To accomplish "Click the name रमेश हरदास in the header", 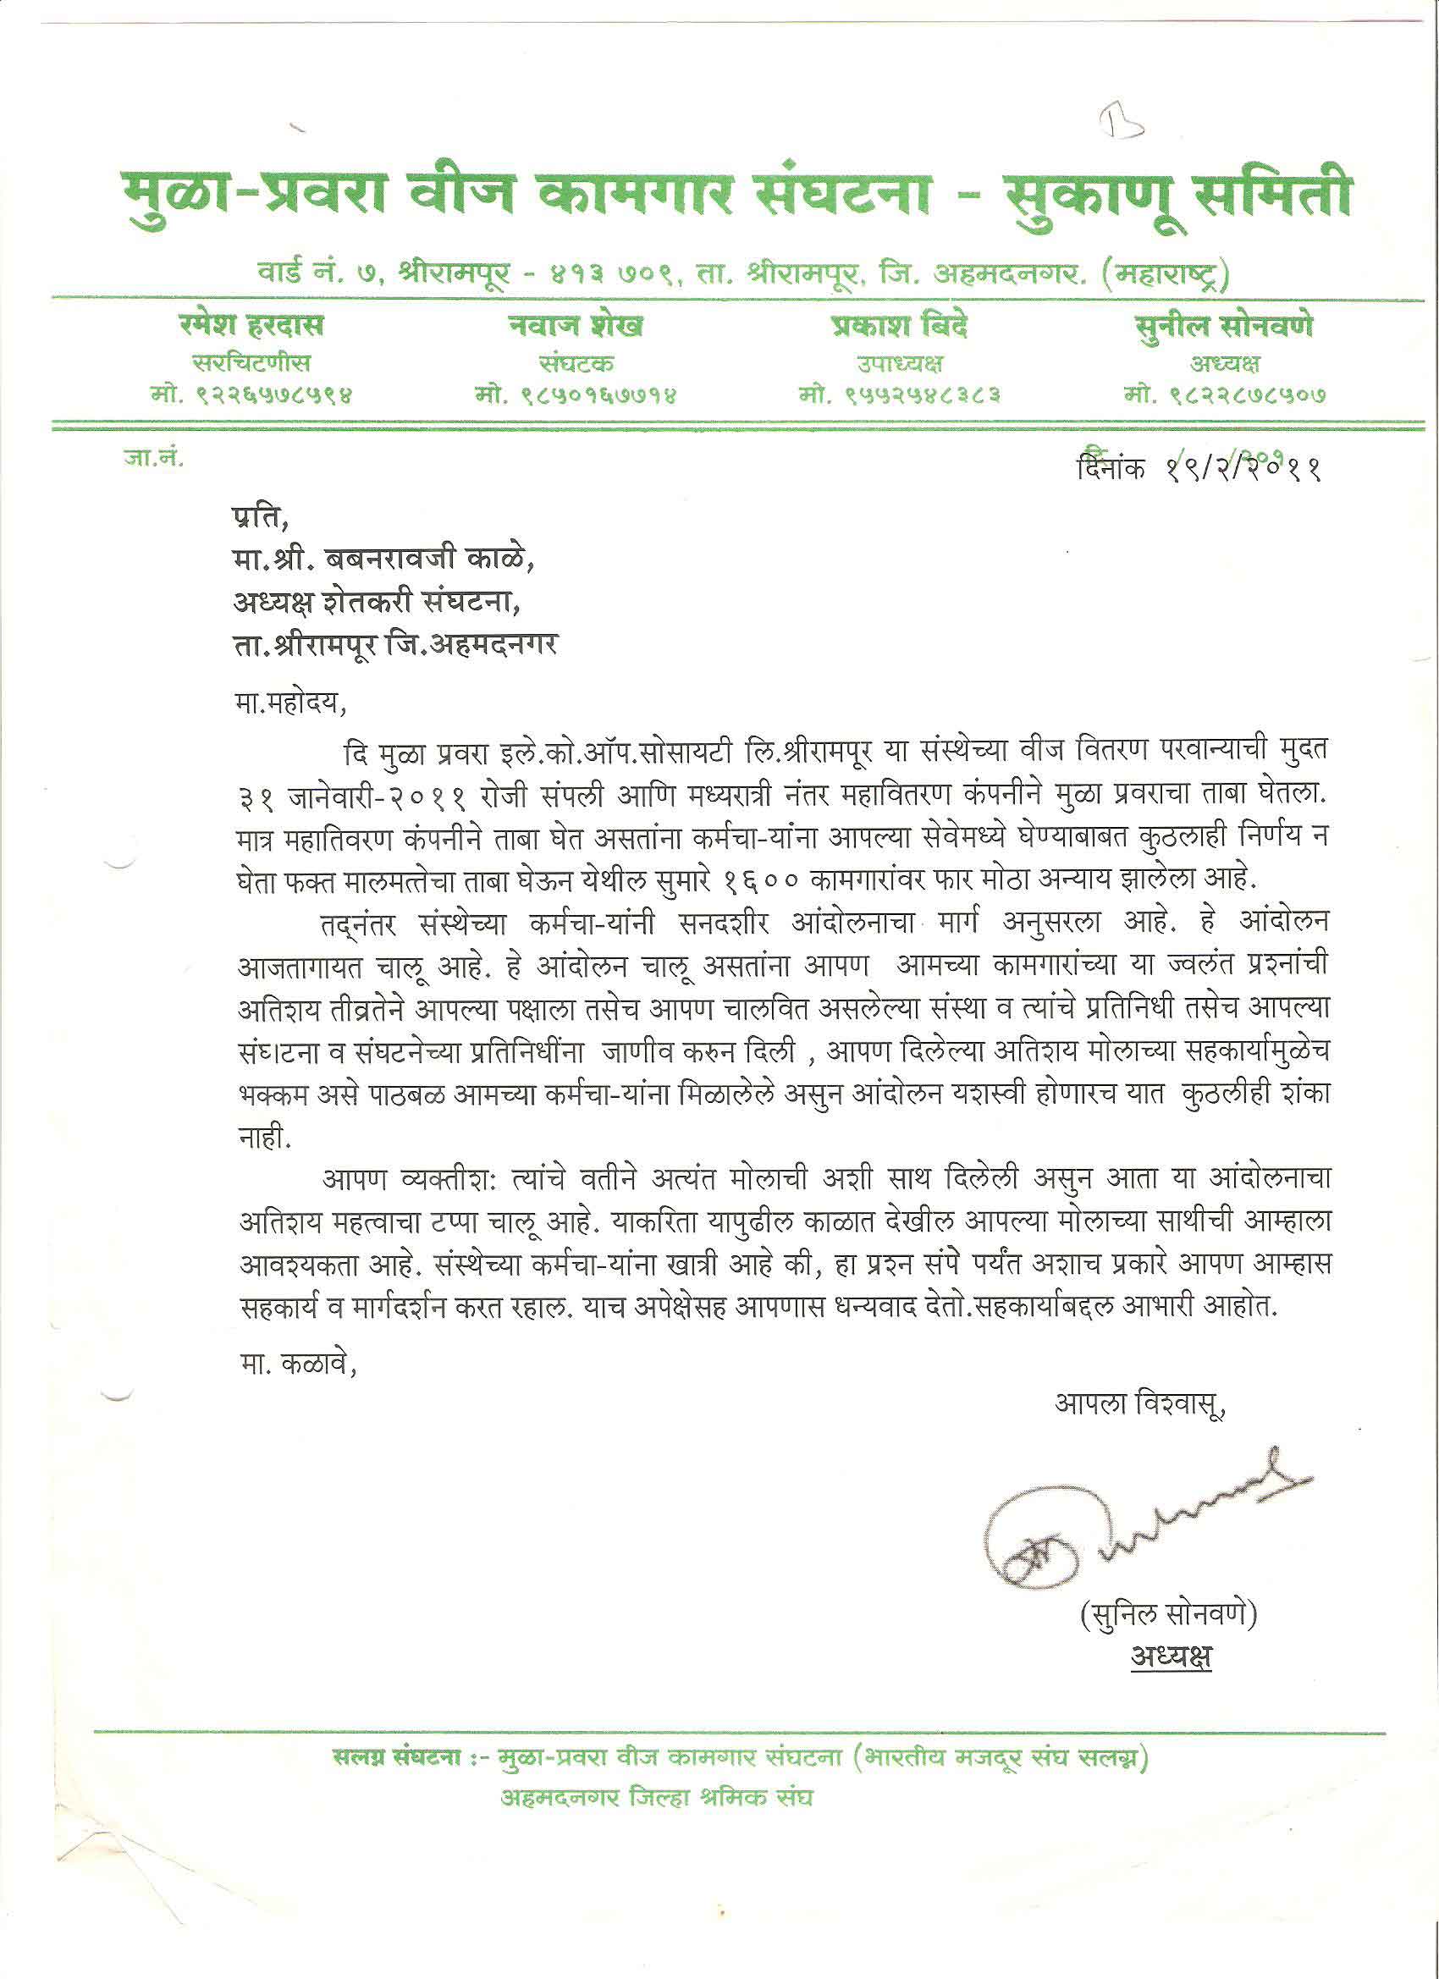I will click(x=251, y=326).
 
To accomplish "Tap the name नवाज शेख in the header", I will click(x=576, y=326).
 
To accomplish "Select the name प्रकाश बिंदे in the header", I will click(x=900, y=326).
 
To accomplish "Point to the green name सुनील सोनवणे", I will click(x=1225, y=326).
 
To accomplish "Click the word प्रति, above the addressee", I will click(x=259, y=517).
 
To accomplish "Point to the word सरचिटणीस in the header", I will click(x=251, y=363).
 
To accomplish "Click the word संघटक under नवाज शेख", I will click(x=576, y=363).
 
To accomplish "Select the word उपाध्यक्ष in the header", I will click(x=900, y=363).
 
